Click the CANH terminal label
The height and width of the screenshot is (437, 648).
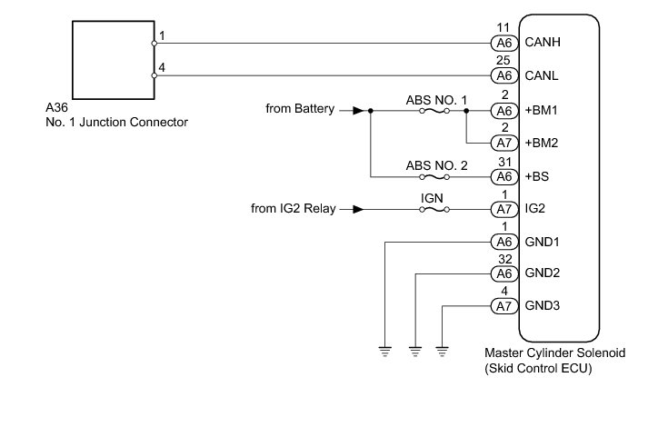pos(543,43)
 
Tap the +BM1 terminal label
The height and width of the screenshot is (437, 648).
pos(543,110)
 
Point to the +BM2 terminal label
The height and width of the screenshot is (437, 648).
pos(543,143)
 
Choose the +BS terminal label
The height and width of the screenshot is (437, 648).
pos(538,175)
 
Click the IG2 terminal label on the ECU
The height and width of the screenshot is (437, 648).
pos(536,209)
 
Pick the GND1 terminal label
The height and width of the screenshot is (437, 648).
pos(542,242)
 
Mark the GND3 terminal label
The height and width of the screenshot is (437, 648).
pos(542,306)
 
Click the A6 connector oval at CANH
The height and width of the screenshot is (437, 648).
pos(503,43)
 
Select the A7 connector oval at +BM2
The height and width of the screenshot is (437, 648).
pos(503,143)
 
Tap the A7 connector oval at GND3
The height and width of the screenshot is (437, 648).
pos(503,306)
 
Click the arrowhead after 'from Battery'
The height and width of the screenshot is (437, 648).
pos(359,110)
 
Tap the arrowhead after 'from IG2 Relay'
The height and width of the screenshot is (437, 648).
pos(359,209)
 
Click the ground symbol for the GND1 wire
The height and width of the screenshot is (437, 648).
pos(385,349)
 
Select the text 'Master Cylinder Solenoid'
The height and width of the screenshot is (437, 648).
pos(554,353)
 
